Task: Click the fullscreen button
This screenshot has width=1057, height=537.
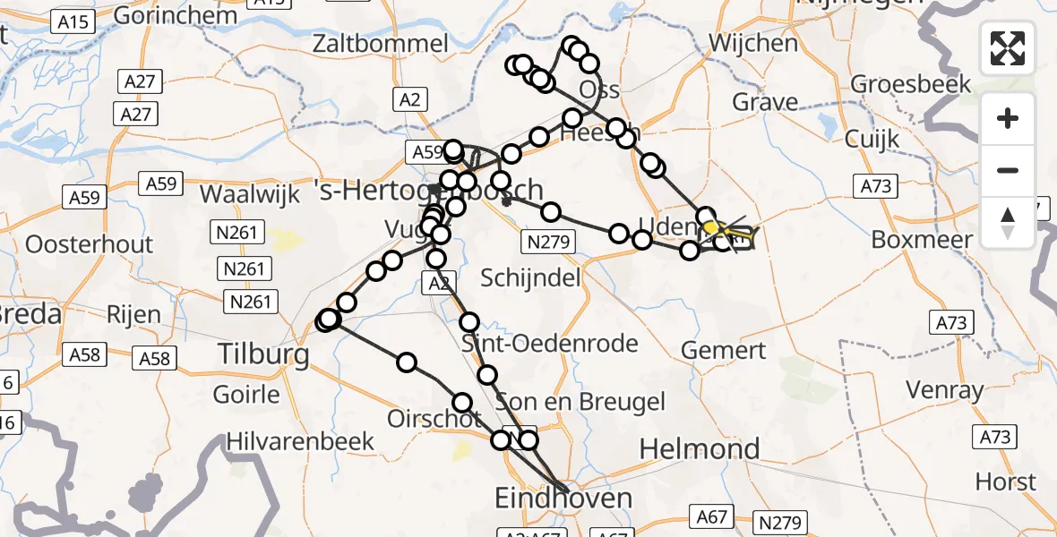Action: pyautogui.click(x=1008, y=48)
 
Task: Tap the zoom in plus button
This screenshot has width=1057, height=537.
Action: pyautogui.click(x=1008, y=118)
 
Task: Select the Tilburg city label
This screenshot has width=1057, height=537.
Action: pyautogui.click(x=264, y=354)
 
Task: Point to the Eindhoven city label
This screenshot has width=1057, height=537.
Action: pyautogui.click(x=564, y=498)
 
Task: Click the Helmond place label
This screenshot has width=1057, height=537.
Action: pyautogui.click(x=700, y=448)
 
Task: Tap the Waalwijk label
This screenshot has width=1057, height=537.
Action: pyautogui.click(x=250, y=194)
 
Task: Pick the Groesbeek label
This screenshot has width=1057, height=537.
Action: pyautogui.click(x=910, y=84)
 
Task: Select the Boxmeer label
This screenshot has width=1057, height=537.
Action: pyautogui.click(x=921, y=240)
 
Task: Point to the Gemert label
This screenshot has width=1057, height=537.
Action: pyautogui.click(x=724, y=350)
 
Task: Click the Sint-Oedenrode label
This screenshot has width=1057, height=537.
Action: pyautogui.click(x=550, y=343)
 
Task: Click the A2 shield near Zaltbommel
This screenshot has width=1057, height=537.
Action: pyautogui.click(x=410, y=100)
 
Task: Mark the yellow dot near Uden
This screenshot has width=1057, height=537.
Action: pyautogui.click(x=711, y=227)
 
